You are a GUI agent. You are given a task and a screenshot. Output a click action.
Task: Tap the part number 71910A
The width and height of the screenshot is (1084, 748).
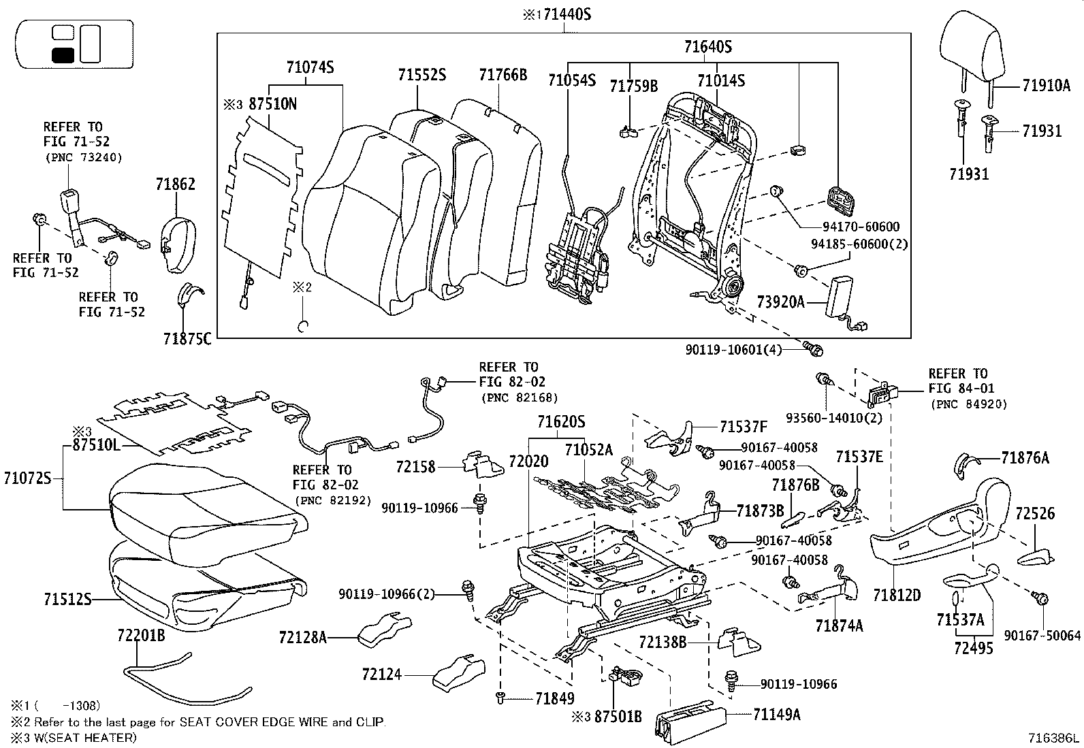[1046, 86]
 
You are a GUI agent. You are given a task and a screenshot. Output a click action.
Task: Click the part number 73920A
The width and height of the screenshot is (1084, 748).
[780, 301]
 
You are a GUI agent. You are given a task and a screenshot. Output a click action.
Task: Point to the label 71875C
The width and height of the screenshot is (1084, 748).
[187, 338]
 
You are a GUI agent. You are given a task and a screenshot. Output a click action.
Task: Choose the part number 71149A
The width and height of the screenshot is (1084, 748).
[776, 715]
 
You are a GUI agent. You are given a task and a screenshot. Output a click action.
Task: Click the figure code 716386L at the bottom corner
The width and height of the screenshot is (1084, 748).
[1054, 737]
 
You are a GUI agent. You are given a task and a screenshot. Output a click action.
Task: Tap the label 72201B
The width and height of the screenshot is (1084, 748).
[142, 636]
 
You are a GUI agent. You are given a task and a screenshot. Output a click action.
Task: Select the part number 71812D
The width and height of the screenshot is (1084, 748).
[897, 596]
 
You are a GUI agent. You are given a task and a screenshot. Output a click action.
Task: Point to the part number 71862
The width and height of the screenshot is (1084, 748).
[175, 184]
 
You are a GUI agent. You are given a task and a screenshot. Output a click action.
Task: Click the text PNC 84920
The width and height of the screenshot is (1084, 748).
[968, 404]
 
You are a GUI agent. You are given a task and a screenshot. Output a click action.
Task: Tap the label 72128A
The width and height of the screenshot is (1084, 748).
[303, 638]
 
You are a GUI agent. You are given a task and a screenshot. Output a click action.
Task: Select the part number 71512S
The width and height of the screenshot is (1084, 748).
[67, 599]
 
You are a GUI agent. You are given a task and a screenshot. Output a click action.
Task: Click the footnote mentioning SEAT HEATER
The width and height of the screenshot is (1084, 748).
[73, 738]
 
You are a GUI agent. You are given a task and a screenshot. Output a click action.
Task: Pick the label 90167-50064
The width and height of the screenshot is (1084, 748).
[1042, 636]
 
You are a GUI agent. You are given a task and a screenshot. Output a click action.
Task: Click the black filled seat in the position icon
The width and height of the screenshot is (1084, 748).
[63, 55]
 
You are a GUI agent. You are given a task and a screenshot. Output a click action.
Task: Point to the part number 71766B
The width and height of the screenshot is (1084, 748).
[503, 75]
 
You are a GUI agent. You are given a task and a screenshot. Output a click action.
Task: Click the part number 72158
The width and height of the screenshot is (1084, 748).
[415, 467]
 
